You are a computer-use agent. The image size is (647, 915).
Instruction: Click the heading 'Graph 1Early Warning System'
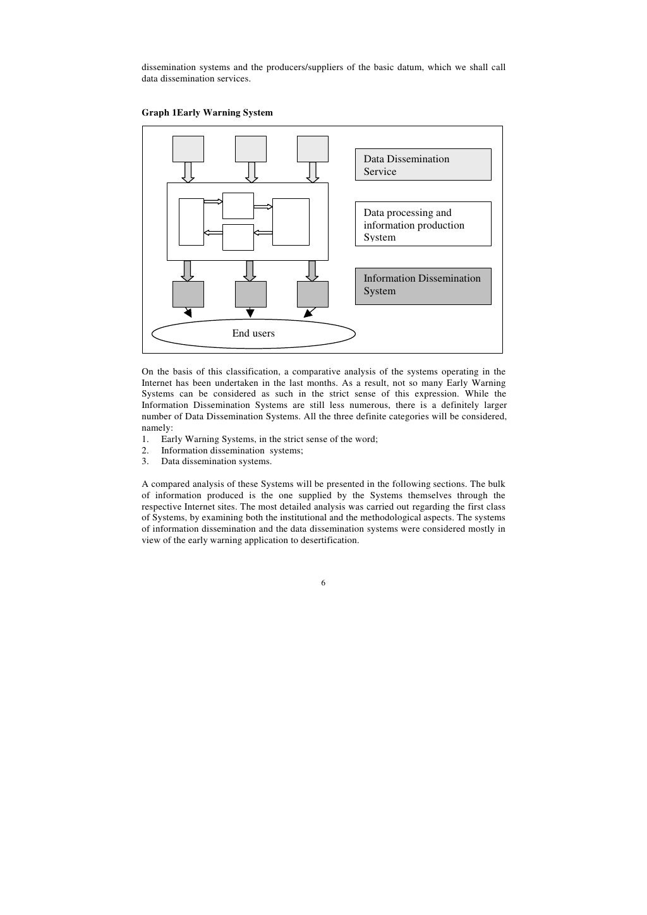click(207, 112)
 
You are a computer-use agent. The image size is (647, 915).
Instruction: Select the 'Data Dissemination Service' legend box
click(423, 165)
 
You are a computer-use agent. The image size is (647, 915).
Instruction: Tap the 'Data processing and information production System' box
click(423, 224)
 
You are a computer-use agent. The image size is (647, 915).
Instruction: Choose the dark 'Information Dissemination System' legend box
click(423, 286)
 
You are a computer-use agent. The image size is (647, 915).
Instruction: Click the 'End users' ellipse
click(253, 333)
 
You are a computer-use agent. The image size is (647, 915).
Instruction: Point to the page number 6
click(323, 583)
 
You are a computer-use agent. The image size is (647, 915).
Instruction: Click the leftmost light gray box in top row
click(188, 149)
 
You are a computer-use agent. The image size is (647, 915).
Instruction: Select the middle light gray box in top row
click(250, 149)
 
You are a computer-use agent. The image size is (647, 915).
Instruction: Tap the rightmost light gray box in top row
click(312, 149)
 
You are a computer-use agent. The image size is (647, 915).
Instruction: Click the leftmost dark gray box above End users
click(188, 294)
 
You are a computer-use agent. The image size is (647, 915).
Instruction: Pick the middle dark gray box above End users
click(250, 294)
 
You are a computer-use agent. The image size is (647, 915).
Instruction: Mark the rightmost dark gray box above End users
click(312, 294)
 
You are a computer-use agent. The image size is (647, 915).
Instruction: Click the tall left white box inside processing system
click(191, 222)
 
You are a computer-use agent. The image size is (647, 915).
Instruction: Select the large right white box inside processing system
click(291, 222)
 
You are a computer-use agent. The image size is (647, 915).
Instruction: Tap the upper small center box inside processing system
click(238, 206)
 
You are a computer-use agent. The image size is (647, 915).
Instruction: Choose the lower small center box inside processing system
click(238, 237)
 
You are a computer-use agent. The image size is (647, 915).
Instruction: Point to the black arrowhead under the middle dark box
click(250, 313)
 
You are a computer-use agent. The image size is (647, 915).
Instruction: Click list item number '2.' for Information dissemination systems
click(145, 450)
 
